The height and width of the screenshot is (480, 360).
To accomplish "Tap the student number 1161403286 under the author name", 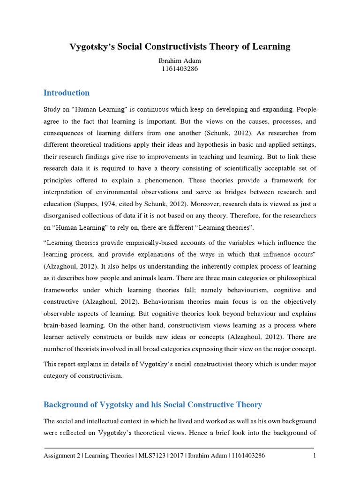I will [180, 69].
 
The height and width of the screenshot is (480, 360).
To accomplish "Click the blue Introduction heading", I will [67, 93].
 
